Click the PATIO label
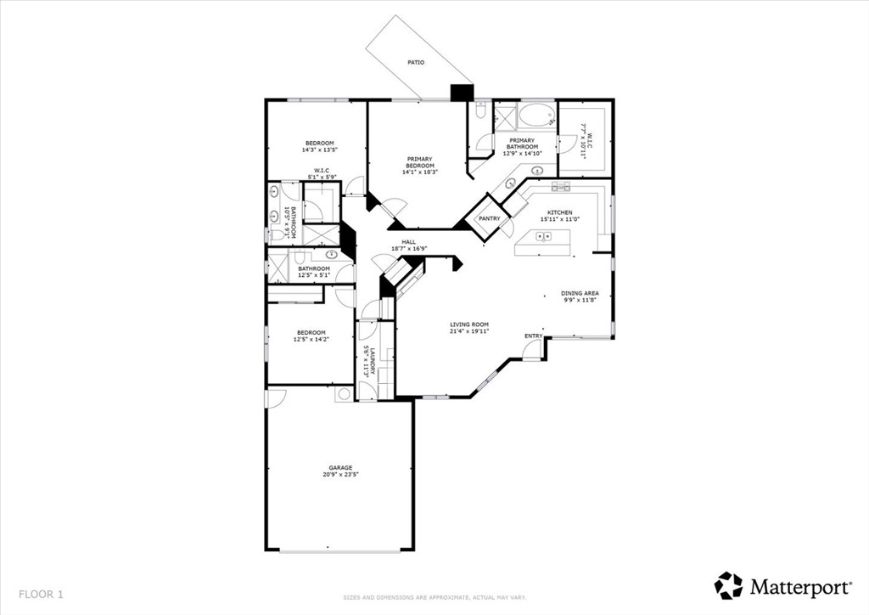[x=415, y=63]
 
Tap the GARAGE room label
[x=340, y=467]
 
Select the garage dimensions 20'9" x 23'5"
[x=340, y=475]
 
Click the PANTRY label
[x=489, y=218]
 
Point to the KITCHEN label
[x=559, y=212]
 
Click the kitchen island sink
[x=544, y=237]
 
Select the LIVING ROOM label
[x=469, y=324]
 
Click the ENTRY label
[x=533, y=336]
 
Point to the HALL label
[x=409, y=242]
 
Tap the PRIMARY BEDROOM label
[x=419, y=162]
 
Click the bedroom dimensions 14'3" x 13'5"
[x=320, y=150]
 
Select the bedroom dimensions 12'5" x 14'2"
[x=311, y=340]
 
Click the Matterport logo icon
[x=728, y=585]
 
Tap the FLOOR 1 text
[x=41, y=594]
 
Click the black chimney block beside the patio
[x=462, y=93]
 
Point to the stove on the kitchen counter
[x=560, y=186]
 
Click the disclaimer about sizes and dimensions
[x=434, y=596]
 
